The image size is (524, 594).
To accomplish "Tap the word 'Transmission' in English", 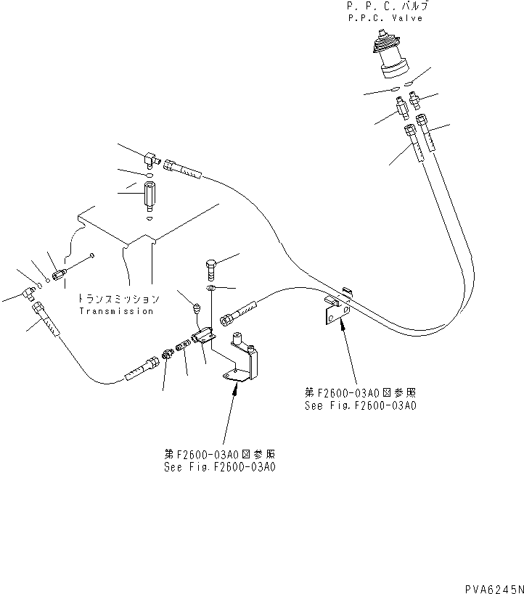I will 117,311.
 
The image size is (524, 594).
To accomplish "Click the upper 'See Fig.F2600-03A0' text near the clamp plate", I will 361,406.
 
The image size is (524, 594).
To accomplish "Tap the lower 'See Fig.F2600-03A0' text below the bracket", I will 220,467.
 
